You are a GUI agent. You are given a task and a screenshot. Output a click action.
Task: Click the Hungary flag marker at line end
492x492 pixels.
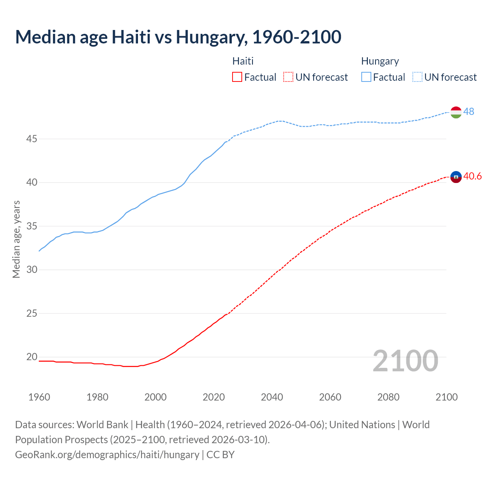pos(456,112)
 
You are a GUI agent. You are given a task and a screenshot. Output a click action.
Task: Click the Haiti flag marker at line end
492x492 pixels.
pos(456,177)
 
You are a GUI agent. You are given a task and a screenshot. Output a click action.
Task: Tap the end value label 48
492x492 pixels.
pos(469,111)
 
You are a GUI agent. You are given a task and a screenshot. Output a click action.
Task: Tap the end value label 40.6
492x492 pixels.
pos(472,176)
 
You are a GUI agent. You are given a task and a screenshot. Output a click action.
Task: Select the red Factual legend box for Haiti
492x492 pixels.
pos(237,77)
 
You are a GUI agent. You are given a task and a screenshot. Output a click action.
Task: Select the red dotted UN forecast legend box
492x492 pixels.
pos(288,77)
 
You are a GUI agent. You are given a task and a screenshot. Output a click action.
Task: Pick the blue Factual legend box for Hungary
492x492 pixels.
pos(366,77)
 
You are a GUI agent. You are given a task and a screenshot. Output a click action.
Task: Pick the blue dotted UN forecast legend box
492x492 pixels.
pos(417,77)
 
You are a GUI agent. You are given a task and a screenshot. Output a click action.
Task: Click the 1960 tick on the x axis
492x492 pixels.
pos(39,397)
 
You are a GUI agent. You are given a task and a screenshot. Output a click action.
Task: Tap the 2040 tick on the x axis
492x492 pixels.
pos(272,397)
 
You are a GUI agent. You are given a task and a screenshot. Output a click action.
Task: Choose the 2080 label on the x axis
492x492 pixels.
pos(388,397)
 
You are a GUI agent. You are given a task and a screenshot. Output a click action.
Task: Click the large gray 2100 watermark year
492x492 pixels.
pos(406,361)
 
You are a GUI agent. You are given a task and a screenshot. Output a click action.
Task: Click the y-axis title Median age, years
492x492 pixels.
pos(16,239)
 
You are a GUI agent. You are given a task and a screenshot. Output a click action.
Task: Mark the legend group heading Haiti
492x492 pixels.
pos(243,61)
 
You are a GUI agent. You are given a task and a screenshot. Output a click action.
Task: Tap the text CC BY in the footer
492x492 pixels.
pos(220,455)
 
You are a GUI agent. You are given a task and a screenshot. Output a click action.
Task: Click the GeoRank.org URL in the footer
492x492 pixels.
pos(107,455)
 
